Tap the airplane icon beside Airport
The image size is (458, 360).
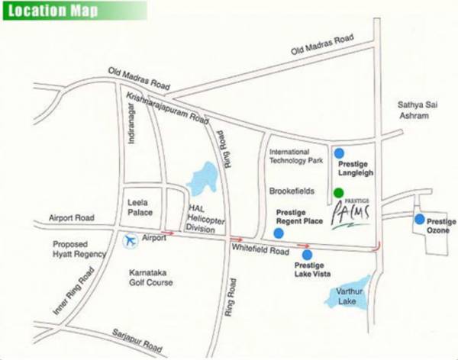[x=129, y=241]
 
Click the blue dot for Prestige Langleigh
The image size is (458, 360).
[x=339, y=153]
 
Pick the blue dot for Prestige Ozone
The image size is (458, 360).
[x=419, y=220]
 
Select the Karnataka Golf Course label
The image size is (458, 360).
[x=150, y=276]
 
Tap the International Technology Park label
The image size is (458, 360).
[x=296, y=156]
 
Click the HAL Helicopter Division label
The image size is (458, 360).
[x=205, y=220]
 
